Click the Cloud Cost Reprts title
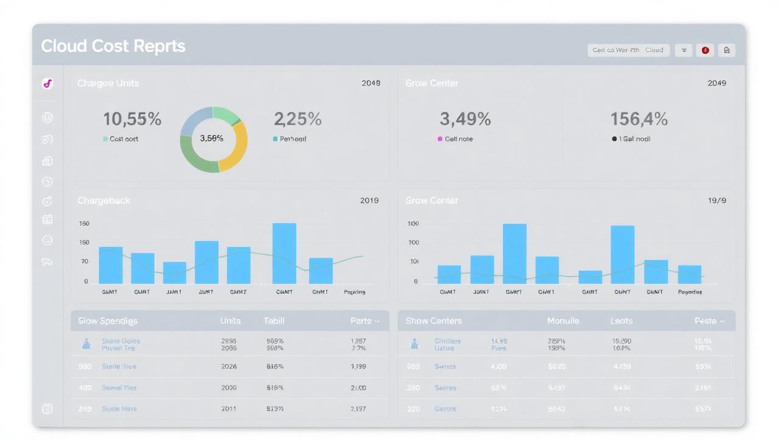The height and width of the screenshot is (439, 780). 113,46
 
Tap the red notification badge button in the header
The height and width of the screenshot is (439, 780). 705,51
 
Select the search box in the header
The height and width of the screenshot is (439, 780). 628,51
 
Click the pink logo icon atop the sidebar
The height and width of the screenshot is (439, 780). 48,84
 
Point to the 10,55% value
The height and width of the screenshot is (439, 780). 132,120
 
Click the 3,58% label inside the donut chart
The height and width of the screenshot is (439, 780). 211,138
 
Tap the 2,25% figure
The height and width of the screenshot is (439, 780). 297,120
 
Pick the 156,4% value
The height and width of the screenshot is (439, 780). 639,119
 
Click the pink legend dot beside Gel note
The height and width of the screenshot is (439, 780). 440,139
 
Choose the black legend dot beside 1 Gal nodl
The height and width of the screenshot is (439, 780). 614,139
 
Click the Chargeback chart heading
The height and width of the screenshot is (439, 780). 104,201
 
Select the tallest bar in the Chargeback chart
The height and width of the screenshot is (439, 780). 284,253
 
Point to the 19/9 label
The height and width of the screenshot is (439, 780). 717,201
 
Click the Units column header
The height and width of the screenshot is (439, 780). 230,321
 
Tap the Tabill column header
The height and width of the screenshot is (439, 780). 274,321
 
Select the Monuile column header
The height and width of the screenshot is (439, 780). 562,321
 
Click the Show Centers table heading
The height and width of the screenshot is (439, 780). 433,321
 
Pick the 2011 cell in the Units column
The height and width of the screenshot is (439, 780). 229,409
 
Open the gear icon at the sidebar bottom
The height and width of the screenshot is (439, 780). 48,409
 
